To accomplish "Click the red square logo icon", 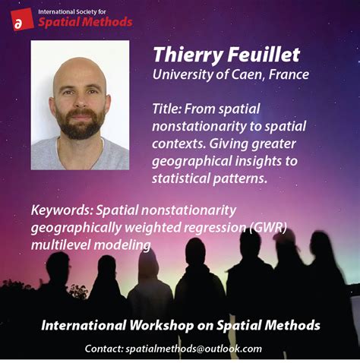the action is coord(22,19).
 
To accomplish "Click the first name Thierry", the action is coord(188,55).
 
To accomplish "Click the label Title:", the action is coord(166,109).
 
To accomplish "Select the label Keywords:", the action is coord(62,210).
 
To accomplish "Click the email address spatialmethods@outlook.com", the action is coord(194,349).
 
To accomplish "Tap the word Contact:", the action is coord(104,349).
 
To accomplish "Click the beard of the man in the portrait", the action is coord(80,124).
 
